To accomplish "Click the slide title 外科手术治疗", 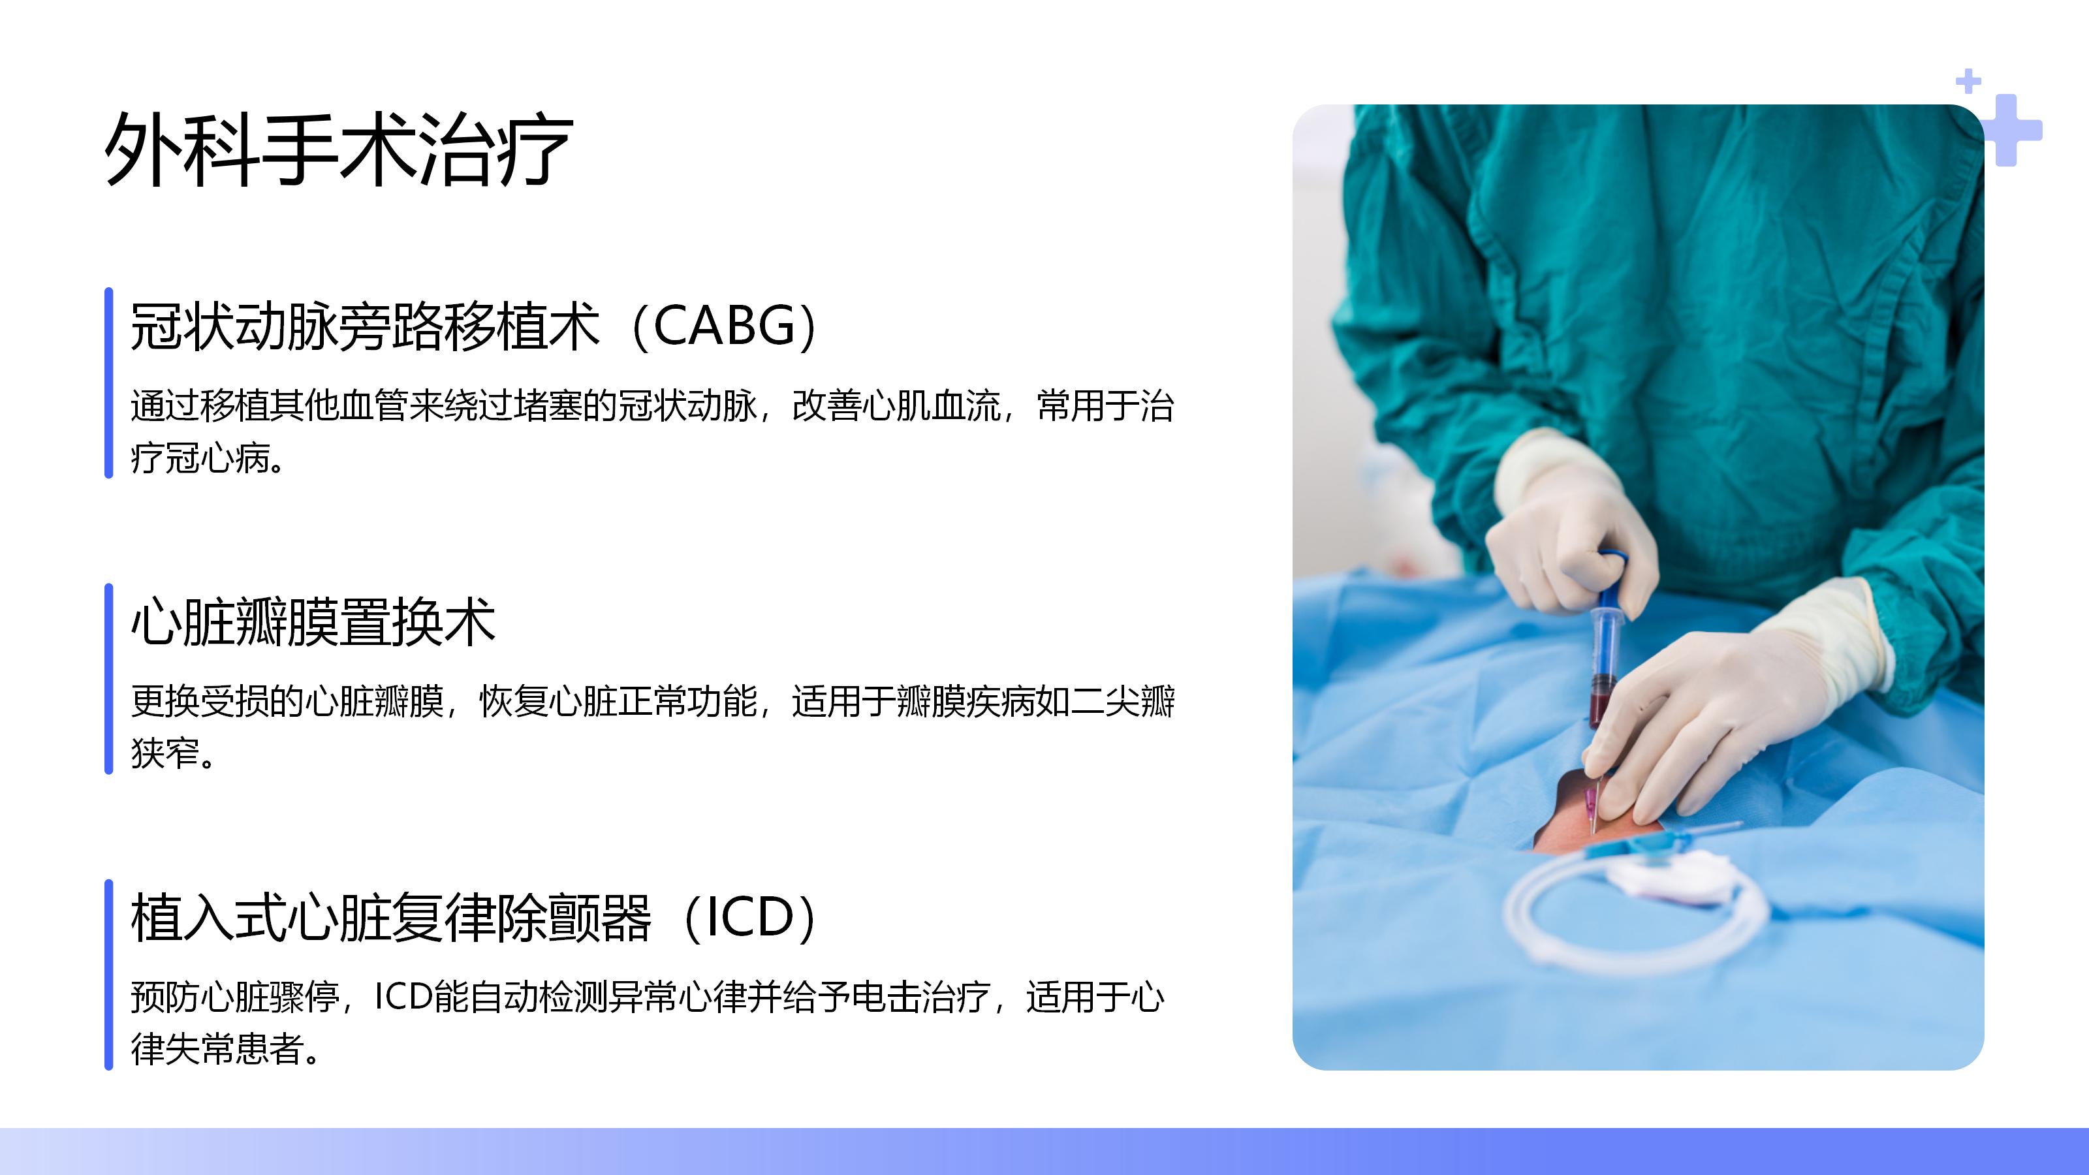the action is [x=339, y=149].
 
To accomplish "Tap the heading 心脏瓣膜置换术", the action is [x=313, y=622].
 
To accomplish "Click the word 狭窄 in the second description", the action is [x=165, y=753].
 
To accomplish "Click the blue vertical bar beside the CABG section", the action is [x=108, y=383].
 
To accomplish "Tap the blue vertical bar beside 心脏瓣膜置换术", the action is [x=108, y=679].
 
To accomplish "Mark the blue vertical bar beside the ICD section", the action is [x=108, y=975].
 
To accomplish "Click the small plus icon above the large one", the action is [x=1968, y=82].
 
